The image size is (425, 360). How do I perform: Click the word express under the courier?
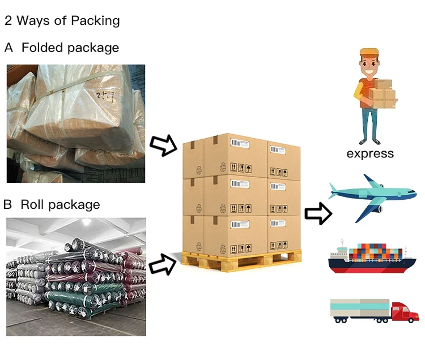pos(370,153)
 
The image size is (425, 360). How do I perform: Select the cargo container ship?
pos(372,258)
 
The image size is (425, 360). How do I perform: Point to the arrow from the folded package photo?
pos(164,146)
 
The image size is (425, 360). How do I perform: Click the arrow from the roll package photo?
pos(163,264)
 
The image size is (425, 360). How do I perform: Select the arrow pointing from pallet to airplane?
pos(318,213)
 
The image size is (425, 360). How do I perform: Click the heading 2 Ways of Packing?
pos(62,21)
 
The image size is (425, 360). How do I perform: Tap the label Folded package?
pos(70,48)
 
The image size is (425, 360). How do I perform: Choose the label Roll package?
pos(60,204)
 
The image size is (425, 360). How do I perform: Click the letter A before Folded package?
pos(8,48)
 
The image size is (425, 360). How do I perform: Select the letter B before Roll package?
pos(8,204)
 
